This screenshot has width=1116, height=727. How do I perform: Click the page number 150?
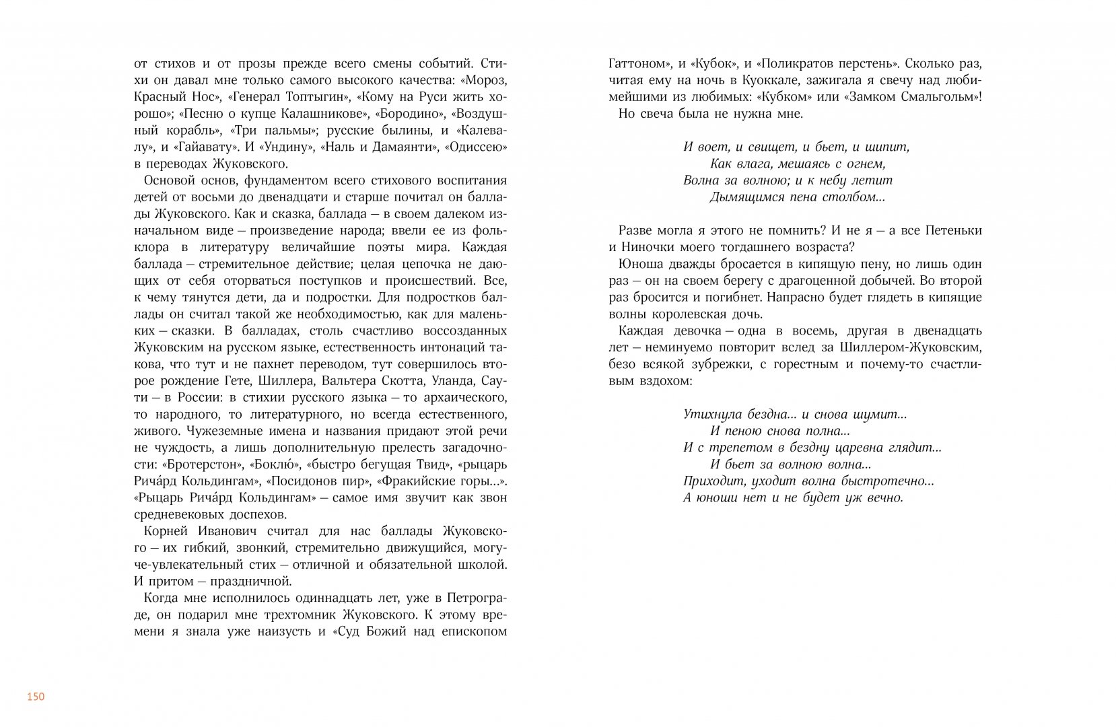click(35, 697)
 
